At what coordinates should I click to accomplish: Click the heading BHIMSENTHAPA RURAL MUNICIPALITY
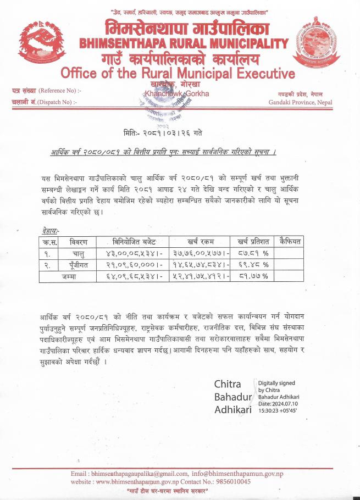point(184,43)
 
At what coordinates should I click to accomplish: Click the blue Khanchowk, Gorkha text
point(176,94)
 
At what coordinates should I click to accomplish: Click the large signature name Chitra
point(228,384)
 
